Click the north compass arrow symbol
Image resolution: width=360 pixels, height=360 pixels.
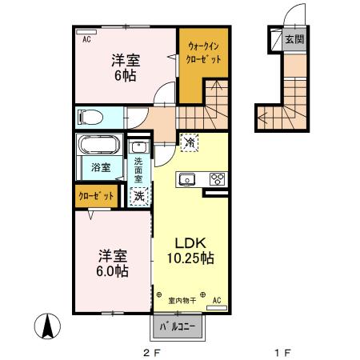click(47, 326)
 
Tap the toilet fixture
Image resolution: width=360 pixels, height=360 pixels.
click(90, 118)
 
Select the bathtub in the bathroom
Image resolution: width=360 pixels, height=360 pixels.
click(98, 146)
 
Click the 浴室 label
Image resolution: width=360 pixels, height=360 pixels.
click(100, 168)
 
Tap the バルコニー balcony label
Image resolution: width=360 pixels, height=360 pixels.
click(176, 326)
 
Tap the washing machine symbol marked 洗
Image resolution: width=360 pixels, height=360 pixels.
click(138, 194)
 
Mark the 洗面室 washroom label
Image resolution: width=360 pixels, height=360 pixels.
click(138, 170)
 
